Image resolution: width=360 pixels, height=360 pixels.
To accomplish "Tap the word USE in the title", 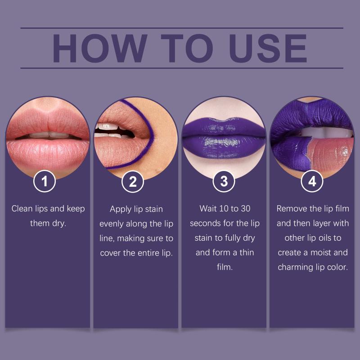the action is click(x=268, y=48).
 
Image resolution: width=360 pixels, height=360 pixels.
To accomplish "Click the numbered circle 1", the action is click(x=45, y=181).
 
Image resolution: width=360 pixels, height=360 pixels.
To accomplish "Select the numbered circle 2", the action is click(x=133, y=182).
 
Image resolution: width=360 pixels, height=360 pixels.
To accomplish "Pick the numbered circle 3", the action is click(x=224, y=181).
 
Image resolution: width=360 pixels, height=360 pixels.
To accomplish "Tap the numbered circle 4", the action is click(x=312, y=181).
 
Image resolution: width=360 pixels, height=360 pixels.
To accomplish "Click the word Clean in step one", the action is click(x=22, y=209).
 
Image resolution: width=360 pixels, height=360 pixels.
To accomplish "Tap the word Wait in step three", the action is click(x=208, y=209).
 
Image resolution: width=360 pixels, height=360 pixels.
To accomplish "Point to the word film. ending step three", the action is click(x=225, y=267).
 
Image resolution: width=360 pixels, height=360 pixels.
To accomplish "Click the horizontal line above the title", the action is click(x=182, y=28).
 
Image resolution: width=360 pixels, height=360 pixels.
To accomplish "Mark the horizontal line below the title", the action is click(x=182, y=68).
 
